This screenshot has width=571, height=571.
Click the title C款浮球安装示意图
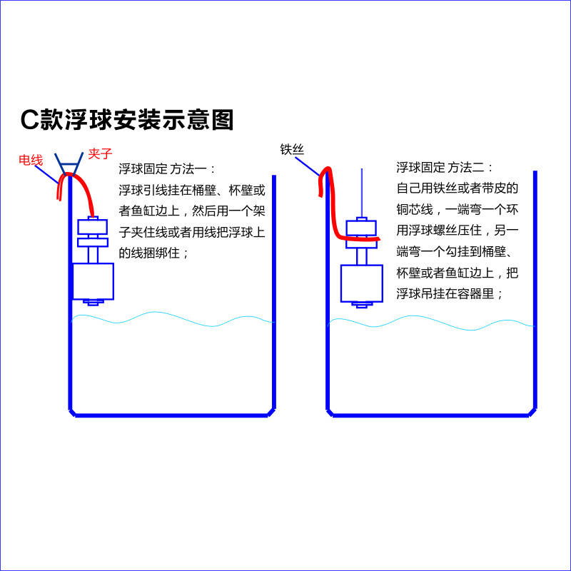pyautogui.click(x=127, y=119)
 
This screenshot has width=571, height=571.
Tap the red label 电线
pyautogui.click(x=31, y=160)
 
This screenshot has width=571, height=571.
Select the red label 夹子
pyautogui.click(x=100, y=153)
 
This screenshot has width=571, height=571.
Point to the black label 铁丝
pyautogui.click(x=292, y=149)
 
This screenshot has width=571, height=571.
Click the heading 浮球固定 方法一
pyautogui.click(x=167, y=169)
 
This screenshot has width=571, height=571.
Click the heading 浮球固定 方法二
pyautogui.click(x=445, y=168)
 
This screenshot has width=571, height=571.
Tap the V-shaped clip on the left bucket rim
pyautogui.click(x=69, y=164)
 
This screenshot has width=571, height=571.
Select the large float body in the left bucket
pyautogui.click(x=94, y=281)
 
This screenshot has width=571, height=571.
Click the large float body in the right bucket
pyautogui.click(x=362, y=283)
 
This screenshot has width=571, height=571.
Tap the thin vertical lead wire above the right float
pyautogui.click(x=362, y=193)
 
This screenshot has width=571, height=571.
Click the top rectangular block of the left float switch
pyautogui.click(x=93, y=226)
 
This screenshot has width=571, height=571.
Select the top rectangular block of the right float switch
pyautogui.click(x=361, y=228)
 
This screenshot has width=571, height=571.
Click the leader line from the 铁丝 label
pyautogui.click(x=308, y=167)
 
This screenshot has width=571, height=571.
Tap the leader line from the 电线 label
pyautogui.click(x=46, y=174)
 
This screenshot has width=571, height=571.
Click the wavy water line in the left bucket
pyautogui.click(x=173, y=319)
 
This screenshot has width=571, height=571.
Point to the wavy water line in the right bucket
pyautogui.click(x=432, y=323)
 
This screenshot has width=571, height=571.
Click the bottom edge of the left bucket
pyautogui.click(x=171, y=415)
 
